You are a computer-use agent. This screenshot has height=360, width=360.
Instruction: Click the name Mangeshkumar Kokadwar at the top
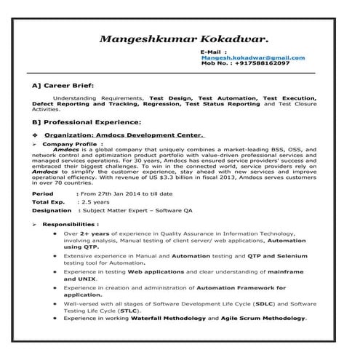coord(184,36)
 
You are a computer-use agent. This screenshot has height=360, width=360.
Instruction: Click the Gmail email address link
coord(252,57)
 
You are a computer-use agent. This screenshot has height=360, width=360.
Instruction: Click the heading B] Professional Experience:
coord(87,121)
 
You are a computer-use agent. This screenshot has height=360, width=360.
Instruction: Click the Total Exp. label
coord(49,202)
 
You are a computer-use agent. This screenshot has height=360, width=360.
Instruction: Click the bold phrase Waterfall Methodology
coord(170,318)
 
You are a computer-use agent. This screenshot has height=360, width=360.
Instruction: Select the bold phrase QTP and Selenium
coord(277,256)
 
